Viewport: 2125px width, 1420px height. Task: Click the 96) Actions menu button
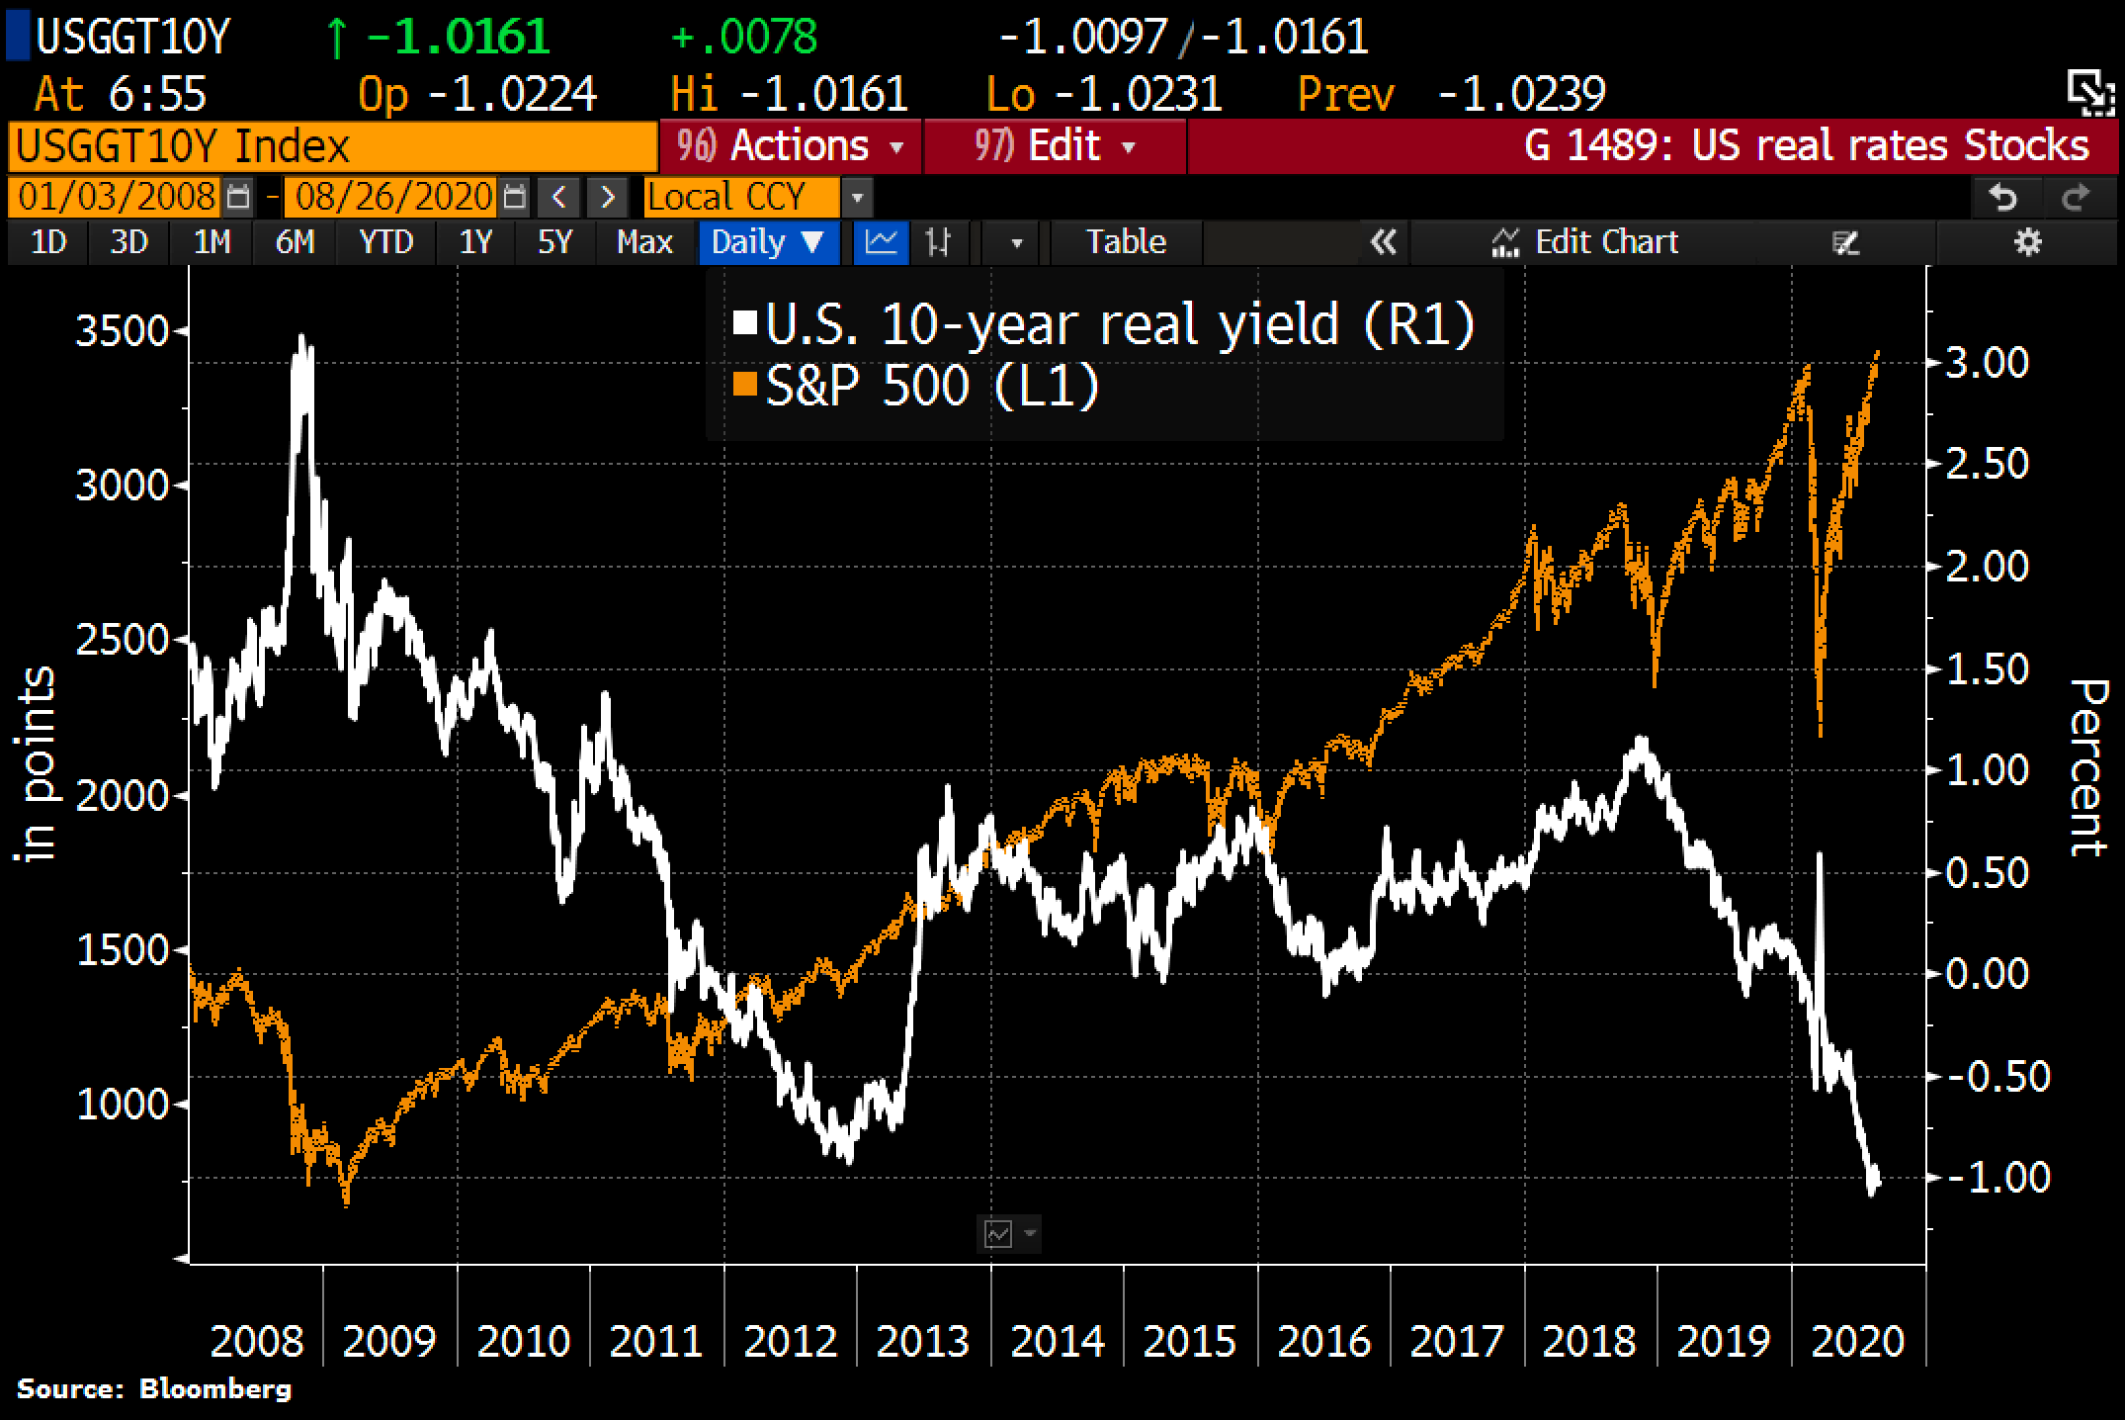(790, 146)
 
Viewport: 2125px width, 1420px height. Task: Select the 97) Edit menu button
(1054, 146)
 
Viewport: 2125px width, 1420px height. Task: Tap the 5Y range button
(554, 242)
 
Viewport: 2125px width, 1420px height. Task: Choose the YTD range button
(385, 242)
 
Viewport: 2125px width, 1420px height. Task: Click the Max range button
(644, 242)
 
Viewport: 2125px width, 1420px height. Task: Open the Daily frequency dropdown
(767, 242)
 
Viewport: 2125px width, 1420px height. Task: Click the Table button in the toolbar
(1126, 242)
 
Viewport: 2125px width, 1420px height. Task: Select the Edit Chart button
(1587, 242)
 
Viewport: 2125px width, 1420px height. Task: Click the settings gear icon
(2027, 242)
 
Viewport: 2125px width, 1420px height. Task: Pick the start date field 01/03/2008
(117, 197)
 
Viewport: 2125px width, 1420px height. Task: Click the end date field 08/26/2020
(393, 197)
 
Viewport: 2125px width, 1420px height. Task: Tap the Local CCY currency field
(727, 197)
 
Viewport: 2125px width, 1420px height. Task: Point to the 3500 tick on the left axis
(123, 330)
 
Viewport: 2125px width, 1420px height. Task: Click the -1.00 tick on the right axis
(1997, 1177)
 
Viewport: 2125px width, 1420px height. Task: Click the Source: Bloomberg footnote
(154, 1389)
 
